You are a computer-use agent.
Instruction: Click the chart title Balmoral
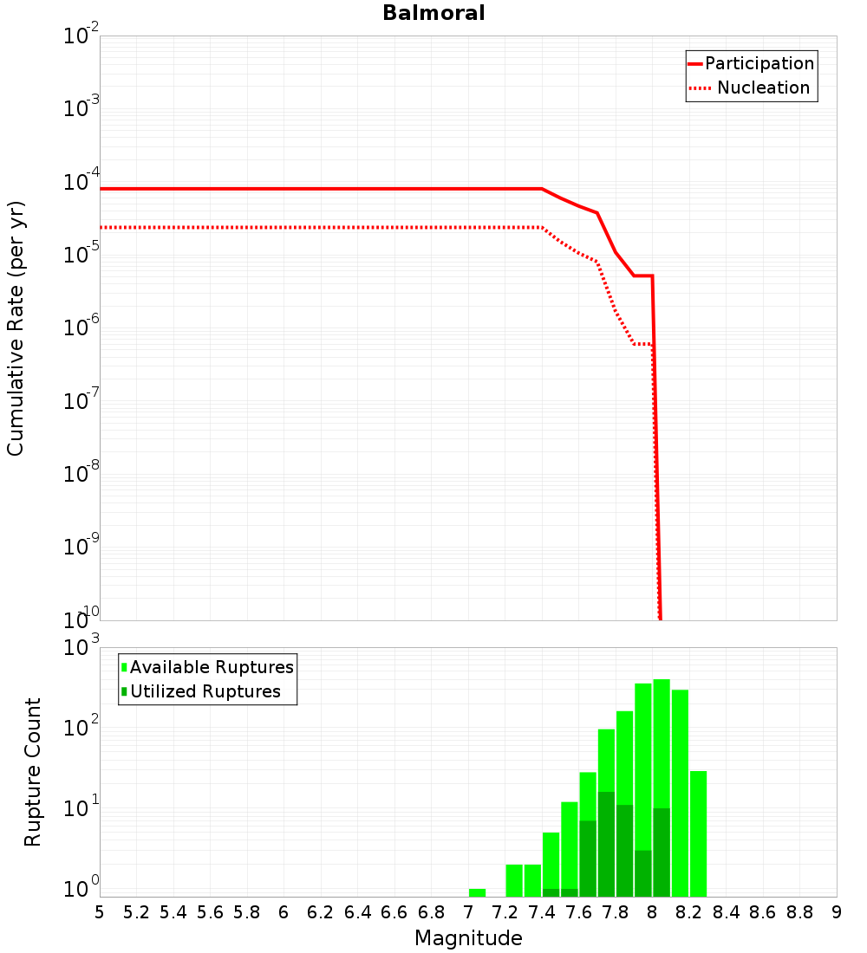coord(433,14)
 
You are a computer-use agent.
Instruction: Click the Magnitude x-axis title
coord(468,938)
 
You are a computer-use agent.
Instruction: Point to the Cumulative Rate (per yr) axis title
coord(16,327)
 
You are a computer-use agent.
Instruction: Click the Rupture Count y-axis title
coord(33,772)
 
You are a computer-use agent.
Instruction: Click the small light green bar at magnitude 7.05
coord(477,892)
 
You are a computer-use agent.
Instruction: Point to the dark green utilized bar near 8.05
coord(662,853)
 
